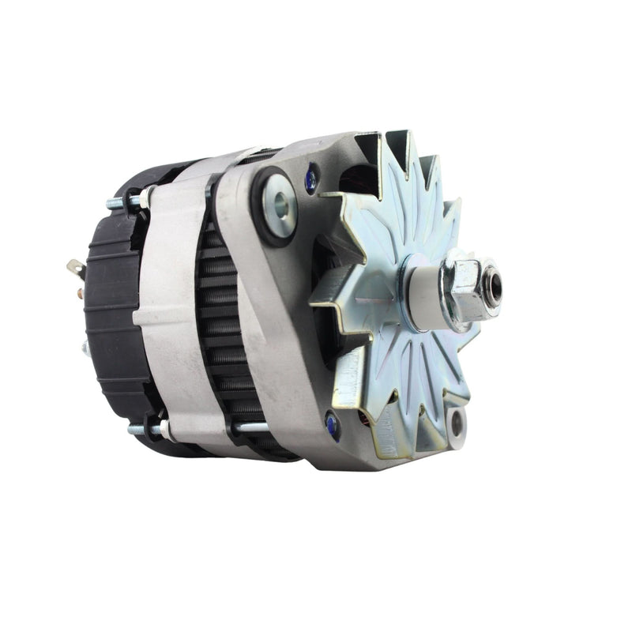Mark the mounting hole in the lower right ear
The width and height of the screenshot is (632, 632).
[456, 424]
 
